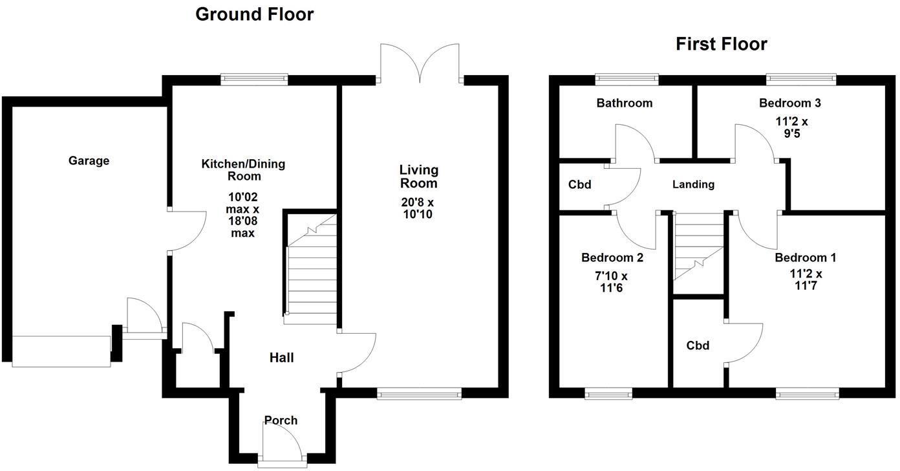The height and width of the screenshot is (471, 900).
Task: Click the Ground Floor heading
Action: [254, 14]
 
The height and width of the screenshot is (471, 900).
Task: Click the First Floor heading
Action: [721, 44]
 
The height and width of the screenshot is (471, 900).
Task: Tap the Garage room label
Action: [89, 161]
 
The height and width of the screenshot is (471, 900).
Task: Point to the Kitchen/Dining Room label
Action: [242, 170]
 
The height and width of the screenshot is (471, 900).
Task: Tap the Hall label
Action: [282, 358]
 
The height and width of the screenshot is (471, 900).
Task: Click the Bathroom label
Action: [624, 103]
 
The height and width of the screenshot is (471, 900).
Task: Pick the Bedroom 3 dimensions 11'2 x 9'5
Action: [792, 127]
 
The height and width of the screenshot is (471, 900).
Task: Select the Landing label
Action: [693, 184]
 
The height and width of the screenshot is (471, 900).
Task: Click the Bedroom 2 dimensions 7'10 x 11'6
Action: [612, 282]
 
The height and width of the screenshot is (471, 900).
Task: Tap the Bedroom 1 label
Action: [805, 257]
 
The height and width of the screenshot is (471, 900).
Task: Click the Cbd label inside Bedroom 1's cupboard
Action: [698, 345]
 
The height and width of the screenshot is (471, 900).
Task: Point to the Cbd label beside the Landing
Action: [579, 185]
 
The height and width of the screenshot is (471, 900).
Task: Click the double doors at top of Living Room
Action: [420, 63]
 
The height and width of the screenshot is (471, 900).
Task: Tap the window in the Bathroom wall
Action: [627, 80]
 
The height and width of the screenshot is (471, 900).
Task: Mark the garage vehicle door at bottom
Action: [61, 351]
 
